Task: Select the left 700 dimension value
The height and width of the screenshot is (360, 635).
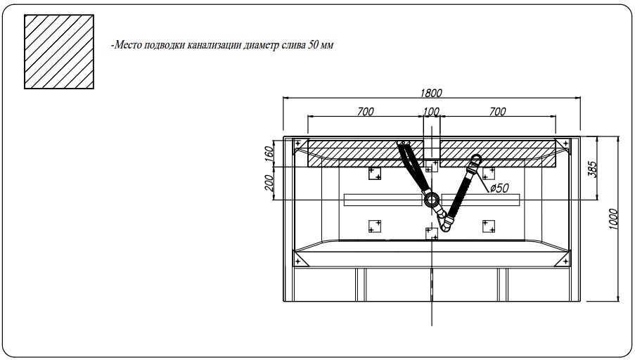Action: (x=366, y=111)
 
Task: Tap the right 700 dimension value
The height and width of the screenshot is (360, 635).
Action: (x=497, y=111)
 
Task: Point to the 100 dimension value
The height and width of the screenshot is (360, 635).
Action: (x=431, y=111)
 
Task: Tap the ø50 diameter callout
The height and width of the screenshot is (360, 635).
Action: (x=499, y=188)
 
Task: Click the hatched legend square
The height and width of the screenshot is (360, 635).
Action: (x=59, y=53)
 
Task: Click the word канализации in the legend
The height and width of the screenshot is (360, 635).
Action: (x=210, y=46)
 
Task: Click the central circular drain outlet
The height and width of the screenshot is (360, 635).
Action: (x=432, y=200)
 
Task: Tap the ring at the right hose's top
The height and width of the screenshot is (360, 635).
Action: (x=477, y=159)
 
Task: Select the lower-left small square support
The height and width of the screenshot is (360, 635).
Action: (x=375, y=226)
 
